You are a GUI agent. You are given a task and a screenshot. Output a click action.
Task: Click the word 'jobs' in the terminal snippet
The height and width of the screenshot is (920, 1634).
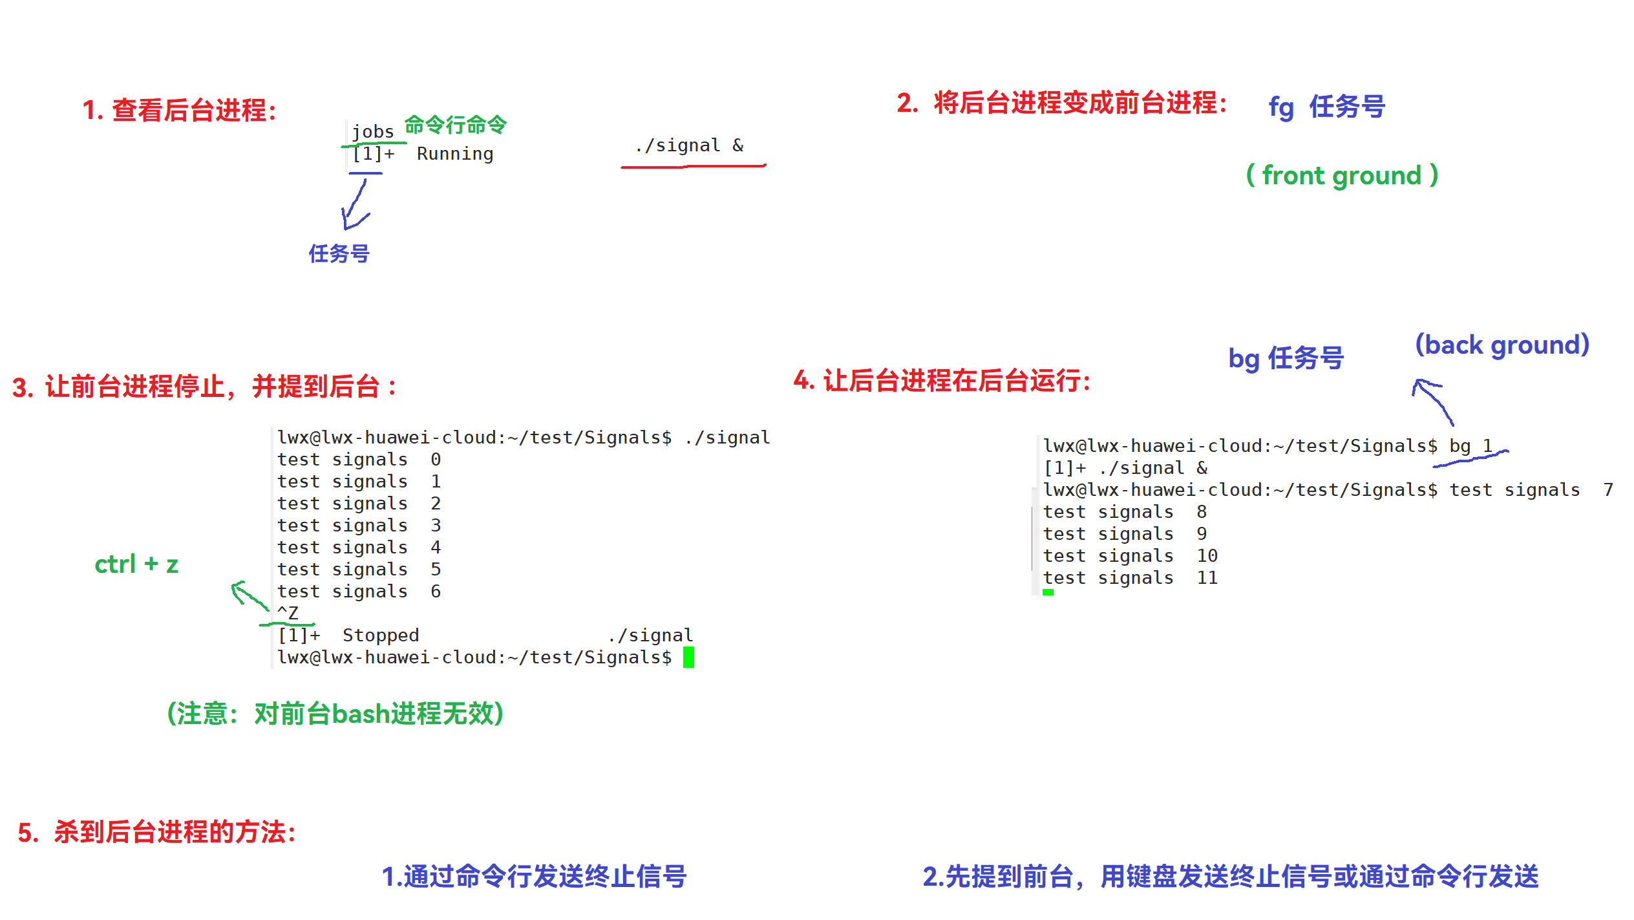coord(372,132)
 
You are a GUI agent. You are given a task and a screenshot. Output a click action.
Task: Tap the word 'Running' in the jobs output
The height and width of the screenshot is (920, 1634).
coord(454,154)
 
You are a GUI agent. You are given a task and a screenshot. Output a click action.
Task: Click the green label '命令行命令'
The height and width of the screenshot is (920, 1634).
coord(456,125)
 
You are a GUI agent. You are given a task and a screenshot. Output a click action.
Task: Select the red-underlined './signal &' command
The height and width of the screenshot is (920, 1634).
coord(689,146)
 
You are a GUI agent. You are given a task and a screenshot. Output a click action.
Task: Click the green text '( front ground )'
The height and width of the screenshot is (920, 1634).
coord(1342,175)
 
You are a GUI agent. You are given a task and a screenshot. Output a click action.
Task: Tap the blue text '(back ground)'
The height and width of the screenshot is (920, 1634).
coord(1501,345)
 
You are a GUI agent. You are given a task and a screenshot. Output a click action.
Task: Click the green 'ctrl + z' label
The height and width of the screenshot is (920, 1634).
coord(136,564)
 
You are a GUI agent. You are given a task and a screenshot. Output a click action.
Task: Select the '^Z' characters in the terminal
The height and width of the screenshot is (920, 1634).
coord(288,613)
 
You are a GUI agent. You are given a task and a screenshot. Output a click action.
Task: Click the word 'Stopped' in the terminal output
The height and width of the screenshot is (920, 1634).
coord(381,635)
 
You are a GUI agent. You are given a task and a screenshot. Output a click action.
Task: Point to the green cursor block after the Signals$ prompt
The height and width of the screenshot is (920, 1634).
coord(688,657)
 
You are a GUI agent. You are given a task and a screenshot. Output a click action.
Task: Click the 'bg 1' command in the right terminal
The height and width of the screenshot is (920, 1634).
coord(1470,446)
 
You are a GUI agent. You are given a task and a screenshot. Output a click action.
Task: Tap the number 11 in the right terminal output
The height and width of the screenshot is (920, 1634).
coord(1207,578)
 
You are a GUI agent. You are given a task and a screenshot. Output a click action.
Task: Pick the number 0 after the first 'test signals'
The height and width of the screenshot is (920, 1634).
coord(436,460)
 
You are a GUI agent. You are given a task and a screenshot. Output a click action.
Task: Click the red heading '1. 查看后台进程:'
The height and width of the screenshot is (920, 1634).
coord(180,111)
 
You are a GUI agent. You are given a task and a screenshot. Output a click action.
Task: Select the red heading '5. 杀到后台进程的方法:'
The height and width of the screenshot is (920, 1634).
coord(157,832)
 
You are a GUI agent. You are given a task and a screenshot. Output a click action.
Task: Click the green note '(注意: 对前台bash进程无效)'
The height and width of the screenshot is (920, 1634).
coord(335,714)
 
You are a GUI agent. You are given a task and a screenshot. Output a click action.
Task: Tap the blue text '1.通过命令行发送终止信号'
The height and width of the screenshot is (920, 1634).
coord(534,877)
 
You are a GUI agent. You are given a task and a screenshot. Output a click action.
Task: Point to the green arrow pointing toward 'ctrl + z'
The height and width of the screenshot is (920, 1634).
coord(248,595)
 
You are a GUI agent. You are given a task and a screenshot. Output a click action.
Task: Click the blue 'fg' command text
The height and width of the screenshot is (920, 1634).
coord(1280,107)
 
